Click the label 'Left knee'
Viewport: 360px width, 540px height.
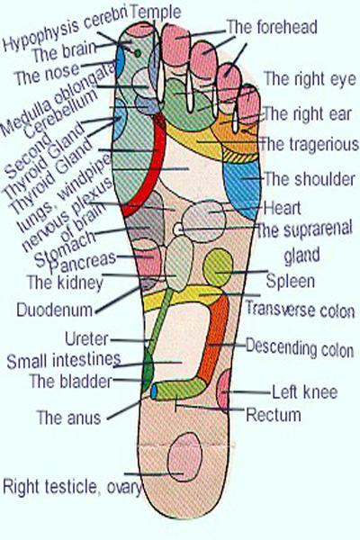click(305, 391)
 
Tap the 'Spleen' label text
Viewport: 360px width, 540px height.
click(291, 281)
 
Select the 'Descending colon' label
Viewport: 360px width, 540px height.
click(300, 348)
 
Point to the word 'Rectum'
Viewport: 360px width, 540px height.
click(274, 414)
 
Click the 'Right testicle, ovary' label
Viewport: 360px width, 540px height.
click(72, 487)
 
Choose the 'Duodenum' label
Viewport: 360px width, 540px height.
click(55, 310)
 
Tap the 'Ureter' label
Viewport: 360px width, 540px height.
click(86, 339)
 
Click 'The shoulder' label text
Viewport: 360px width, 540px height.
click(310, 179)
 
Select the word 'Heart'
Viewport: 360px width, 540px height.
click(282, 209)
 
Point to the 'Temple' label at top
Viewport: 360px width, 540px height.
click(156, 13)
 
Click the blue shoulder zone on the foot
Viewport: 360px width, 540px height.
click(242, 188)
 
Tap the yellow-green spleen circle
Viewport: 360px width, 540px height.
click(218, 268)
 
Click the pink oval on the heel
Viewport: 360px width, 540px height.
click(184, 457)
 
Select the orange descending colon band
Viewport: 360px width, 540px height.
click(214, 337)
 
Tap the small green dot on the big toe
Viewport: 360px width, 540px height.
click(138, 53)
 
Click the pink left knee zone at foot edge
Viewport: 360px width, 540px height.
click(224, 391)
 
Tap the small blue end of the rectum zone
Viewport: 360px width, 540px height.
click(154, 391)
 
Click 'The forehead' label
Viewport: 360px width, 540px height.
click(272, 27)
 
